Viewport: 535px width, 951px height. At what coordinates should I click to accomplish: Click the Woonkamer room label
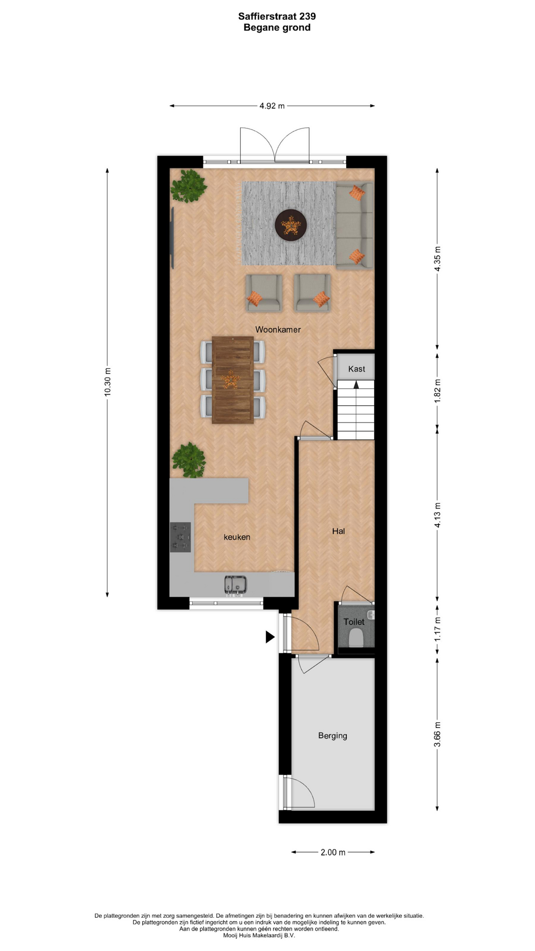[x=278, y=329]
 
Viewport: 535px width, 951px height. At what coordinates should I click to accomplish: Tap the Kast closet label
[x=357, y=369]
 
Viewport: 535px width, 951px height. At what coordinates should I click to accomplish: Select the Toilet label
[x=354, y=622]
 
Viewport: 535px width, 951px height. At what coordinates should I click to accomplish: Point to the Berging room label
[x=332, y=736]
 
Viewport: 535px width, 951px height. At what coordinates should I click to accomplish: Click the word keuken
[x=237, y=537]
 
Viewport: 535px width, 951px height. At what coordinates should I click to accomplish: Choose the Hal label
[x=338, y=531]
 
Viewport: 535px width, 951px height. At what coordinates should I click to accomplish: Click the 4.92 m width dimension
[x=272, y=106]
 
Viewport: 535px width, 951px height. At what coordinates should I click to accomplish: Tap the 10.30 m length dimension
[x=107, y=382]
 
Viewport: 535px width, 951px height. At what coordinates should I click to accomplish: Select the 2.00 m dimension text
[x=333, y=852]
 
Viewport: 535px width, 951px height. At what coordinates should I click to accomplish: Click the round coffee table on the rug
[x=291, y=225]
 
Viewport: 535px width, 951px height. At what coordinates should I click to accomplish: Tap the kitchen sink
[x=236, y=584]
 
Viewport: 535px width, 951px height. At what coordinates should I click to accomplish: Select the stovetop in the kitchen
[x=180, y=537]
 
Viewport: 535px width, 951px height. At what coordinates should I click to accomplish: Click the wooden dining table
[x=233, y=380]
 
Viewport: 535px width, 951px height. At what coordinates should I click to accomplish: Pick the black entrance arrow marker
[x=270, y=636]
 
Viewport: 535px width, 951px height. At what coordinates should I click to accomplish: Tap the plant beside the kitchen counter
[x=189, y=460]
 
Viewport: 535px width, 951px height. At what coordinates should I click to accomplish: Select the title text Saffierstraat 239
[x=277, y=16]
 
